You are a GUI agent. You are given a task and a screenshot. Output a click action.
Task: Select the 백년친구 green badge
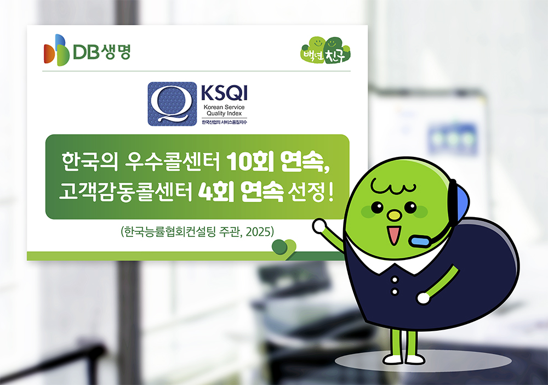point(326,50)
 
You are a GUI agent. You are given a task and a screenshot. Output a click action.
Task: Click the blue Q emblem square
point(172,104)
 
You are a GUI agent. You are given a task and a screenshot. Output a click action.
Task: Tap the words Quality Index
point(224,113)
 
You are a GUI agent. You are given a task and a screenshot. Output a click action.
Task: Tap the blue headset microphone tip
point(420,241)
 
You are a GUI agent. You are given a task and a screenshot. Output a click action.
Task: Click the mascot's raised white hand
point(320,225)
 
